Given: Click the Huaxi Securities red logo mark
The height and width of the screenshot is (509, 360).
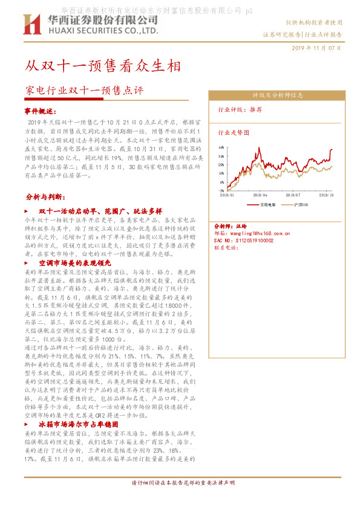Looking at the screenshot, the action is tap(31, 25).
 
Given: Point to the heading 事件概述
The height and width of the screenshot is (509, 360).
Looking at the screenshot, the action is tap(41, 111).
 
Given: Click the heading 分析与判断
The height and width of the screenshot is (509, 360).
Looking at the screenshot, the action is tap(46, 197).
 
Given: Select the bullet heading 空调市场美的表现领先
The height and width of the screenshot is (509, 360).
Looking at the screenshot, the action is tap(75, 264).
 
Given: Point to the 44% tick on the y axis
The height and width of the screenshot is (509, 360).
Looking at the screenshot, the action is tap(221, 147).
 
